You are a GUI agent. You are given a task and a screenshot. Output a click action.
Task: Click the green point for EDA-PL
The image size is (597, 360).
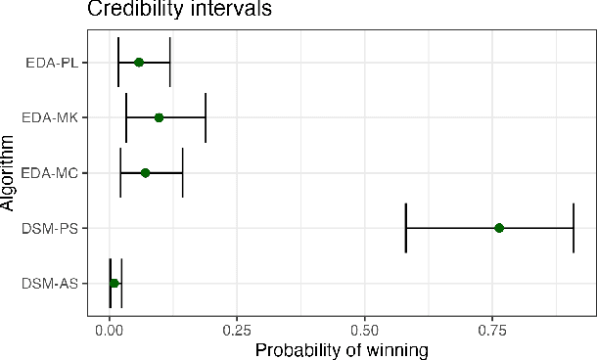click(139, 62)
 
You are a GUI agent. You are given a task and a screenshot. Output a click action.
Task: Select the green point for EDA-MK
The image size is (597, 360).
click(159, 117)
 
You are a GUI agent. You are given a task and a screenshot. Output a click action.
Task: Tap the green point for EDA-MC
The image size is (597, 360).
click(146, 172)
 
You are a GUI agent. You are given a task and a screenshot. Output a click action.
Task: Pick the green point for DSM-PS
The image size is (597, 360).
click(499, 228)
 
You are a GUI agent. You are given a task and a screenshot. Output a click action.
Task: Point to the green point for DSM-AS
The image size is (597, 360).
click(115, 283)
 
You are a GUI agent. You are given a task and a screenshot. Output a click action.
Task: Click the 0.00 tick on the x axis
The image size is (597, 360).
click(110, 330)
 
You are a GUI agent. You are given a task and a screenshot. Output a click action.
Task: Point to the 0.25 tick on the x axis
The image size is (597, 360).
click(237, 330)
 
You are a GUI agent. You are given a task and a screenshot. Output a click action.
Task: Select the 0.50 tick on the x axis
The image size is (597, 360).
click(364, 330)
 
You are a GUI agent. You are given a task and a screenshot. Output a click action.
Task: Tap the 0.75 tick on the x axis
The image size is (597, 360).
click(492, 330)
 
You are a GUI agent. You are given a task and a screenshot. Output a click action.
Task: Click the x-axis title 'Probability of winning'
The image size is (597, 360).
click(342, 348)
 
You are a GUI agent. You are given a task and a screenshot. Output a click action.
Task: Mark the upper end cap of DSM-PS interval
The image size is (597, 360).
click(574, 228)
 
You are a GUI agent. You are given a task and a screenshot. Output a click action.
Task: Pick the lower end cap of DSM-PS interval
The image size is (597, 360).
click(406, 228)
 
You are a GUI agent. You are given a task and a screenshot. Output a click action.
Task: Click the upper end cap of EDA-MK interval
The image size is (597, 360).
click(206, 117)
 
